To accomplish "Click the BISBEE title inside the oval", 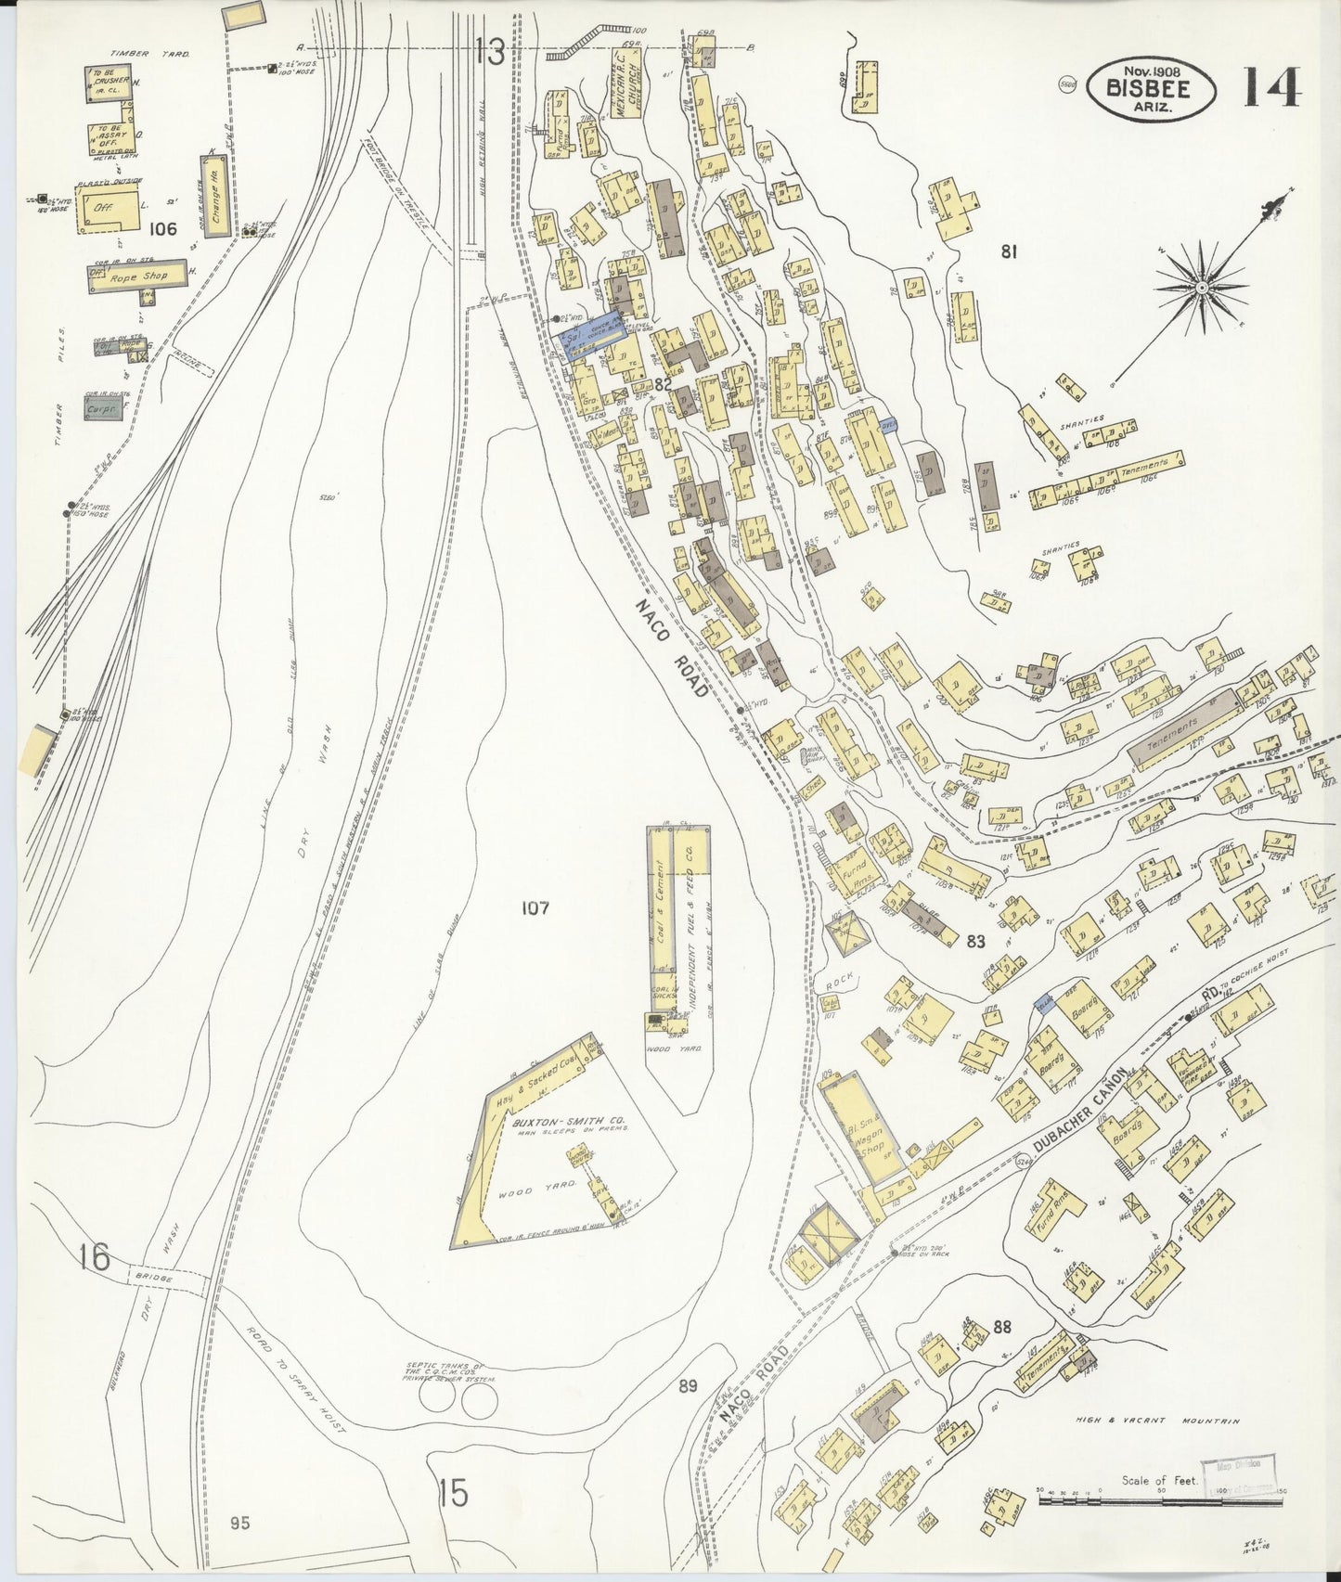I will click(1150, 88).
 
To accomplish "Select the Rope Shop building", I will click(136, 276).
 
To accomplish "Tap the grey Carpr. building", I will click(101, 406).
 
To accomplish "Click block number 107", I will click(535, 908).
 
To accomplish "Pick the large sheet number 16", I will click(95, 1258).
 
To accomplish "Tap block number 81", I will click(1009, 251).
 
